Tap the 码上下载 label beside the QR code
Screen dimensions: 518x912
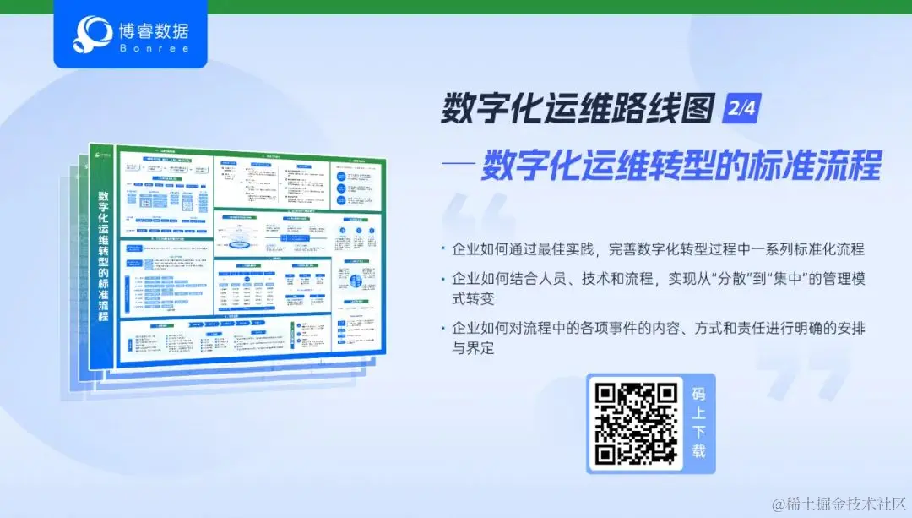(698, 423)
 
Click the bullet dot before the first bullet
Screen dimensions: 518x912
(442, 250)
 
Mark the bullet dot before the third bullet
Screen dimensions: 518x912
(442, 328)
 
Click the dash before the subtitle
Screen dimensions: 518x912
(458, 166)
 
